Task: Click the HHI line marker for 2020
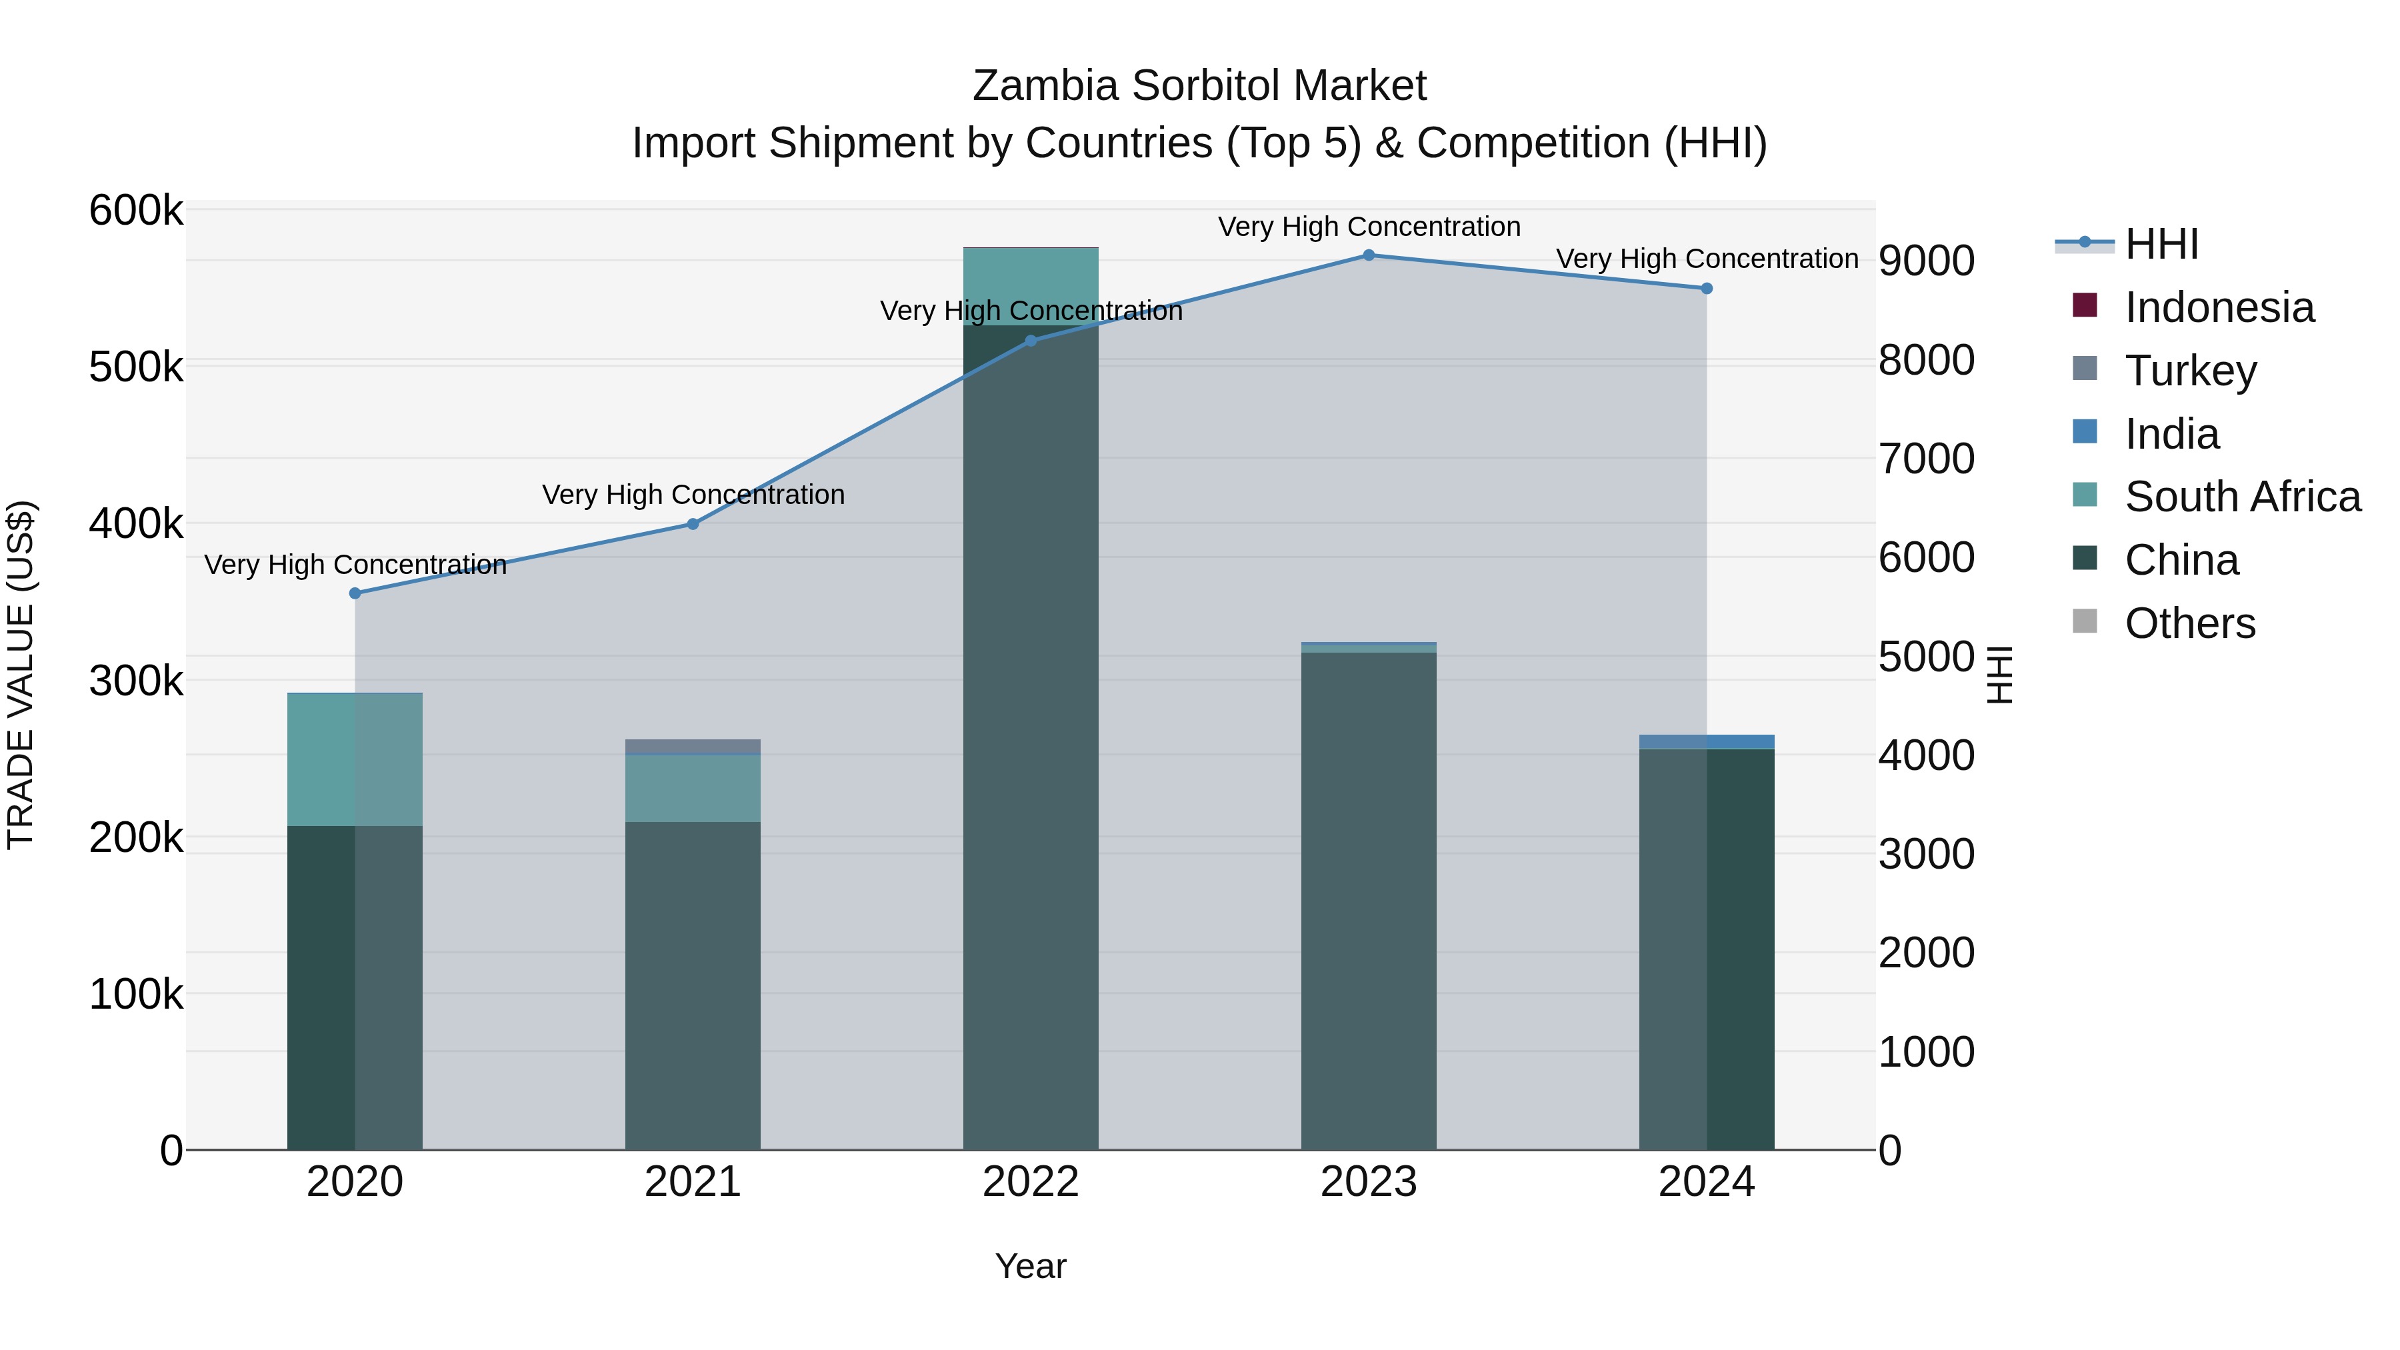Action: coord(355,593)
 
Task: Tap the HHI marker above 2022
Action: coord(1031,341)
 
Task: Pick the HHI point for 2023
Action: coord(1369,255)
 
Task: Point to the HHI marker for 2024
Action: coord(1707,289)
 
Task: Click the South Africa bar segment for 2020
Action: coord(355,759)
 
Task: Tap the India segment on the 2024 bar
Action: coord(1707,741)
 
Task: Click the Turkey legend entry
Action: coord(2191,371)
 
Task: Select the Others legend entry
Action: coord(2189,623)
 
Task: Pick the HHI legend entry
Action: coord(2161,244)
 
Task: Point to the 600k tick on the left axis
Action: coord(136,211)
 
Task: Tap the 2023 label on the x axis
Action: coord(1369,1182)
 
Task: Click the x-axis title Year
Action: coord(1031,1266)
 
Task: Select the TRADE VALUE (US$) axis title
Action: coord(21,675)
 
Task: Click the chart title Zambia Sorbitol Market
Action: coord(1199,86)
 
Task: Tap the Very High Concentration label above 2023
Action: coord(1369,227)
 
